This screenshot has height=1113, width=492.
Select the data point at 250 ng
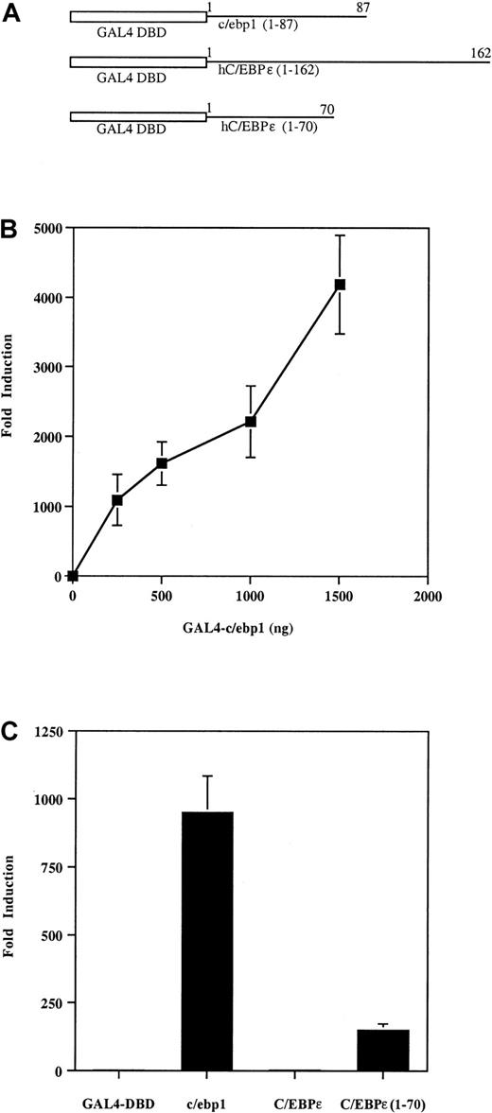tap(117, 499)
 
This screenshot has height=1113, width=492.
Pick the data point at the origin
tap(73, 576)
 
